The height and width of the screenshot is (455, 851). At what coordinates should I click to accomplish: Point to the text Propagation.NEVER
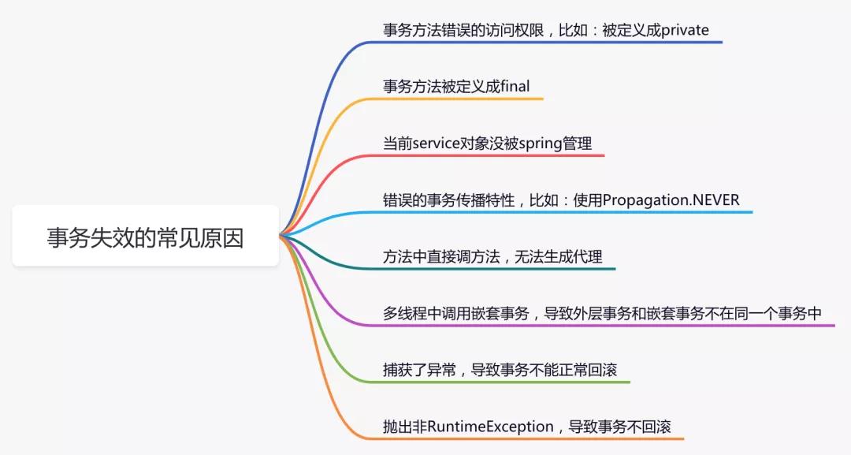(671, 200)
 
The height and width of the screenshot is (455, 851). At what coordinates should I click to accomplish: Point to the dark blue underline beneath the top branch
(552, 42)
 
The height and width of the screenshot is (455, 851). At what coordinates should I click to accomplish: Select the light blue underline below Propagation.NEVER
(567, 211)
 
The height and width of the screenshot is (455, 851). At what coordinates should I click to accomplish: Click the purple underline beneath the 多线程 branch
(607, 325)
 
